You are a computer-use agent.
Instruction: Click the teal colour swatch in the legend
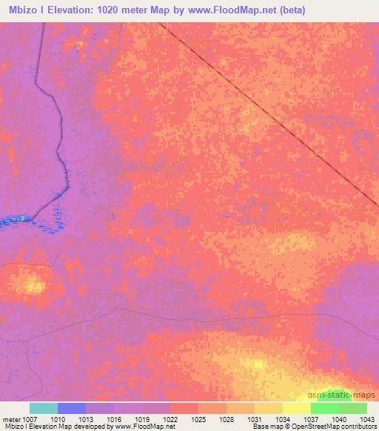(x=44, y=408)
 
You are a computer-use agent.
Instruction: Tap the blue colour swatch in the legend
(x=72, y=408)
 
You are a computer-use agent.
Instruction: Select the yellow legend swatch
(x=297, y=408)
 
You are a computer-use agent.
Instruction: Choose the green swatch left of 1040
(x=325, y=408)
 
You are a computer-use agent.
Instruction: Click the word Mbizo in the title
(x=21, y=10)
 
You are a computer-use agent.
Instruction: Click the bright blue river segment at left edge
(x=15, y=219)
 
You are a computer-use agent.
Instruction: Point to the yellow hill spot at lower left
(x=33, y=284)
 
